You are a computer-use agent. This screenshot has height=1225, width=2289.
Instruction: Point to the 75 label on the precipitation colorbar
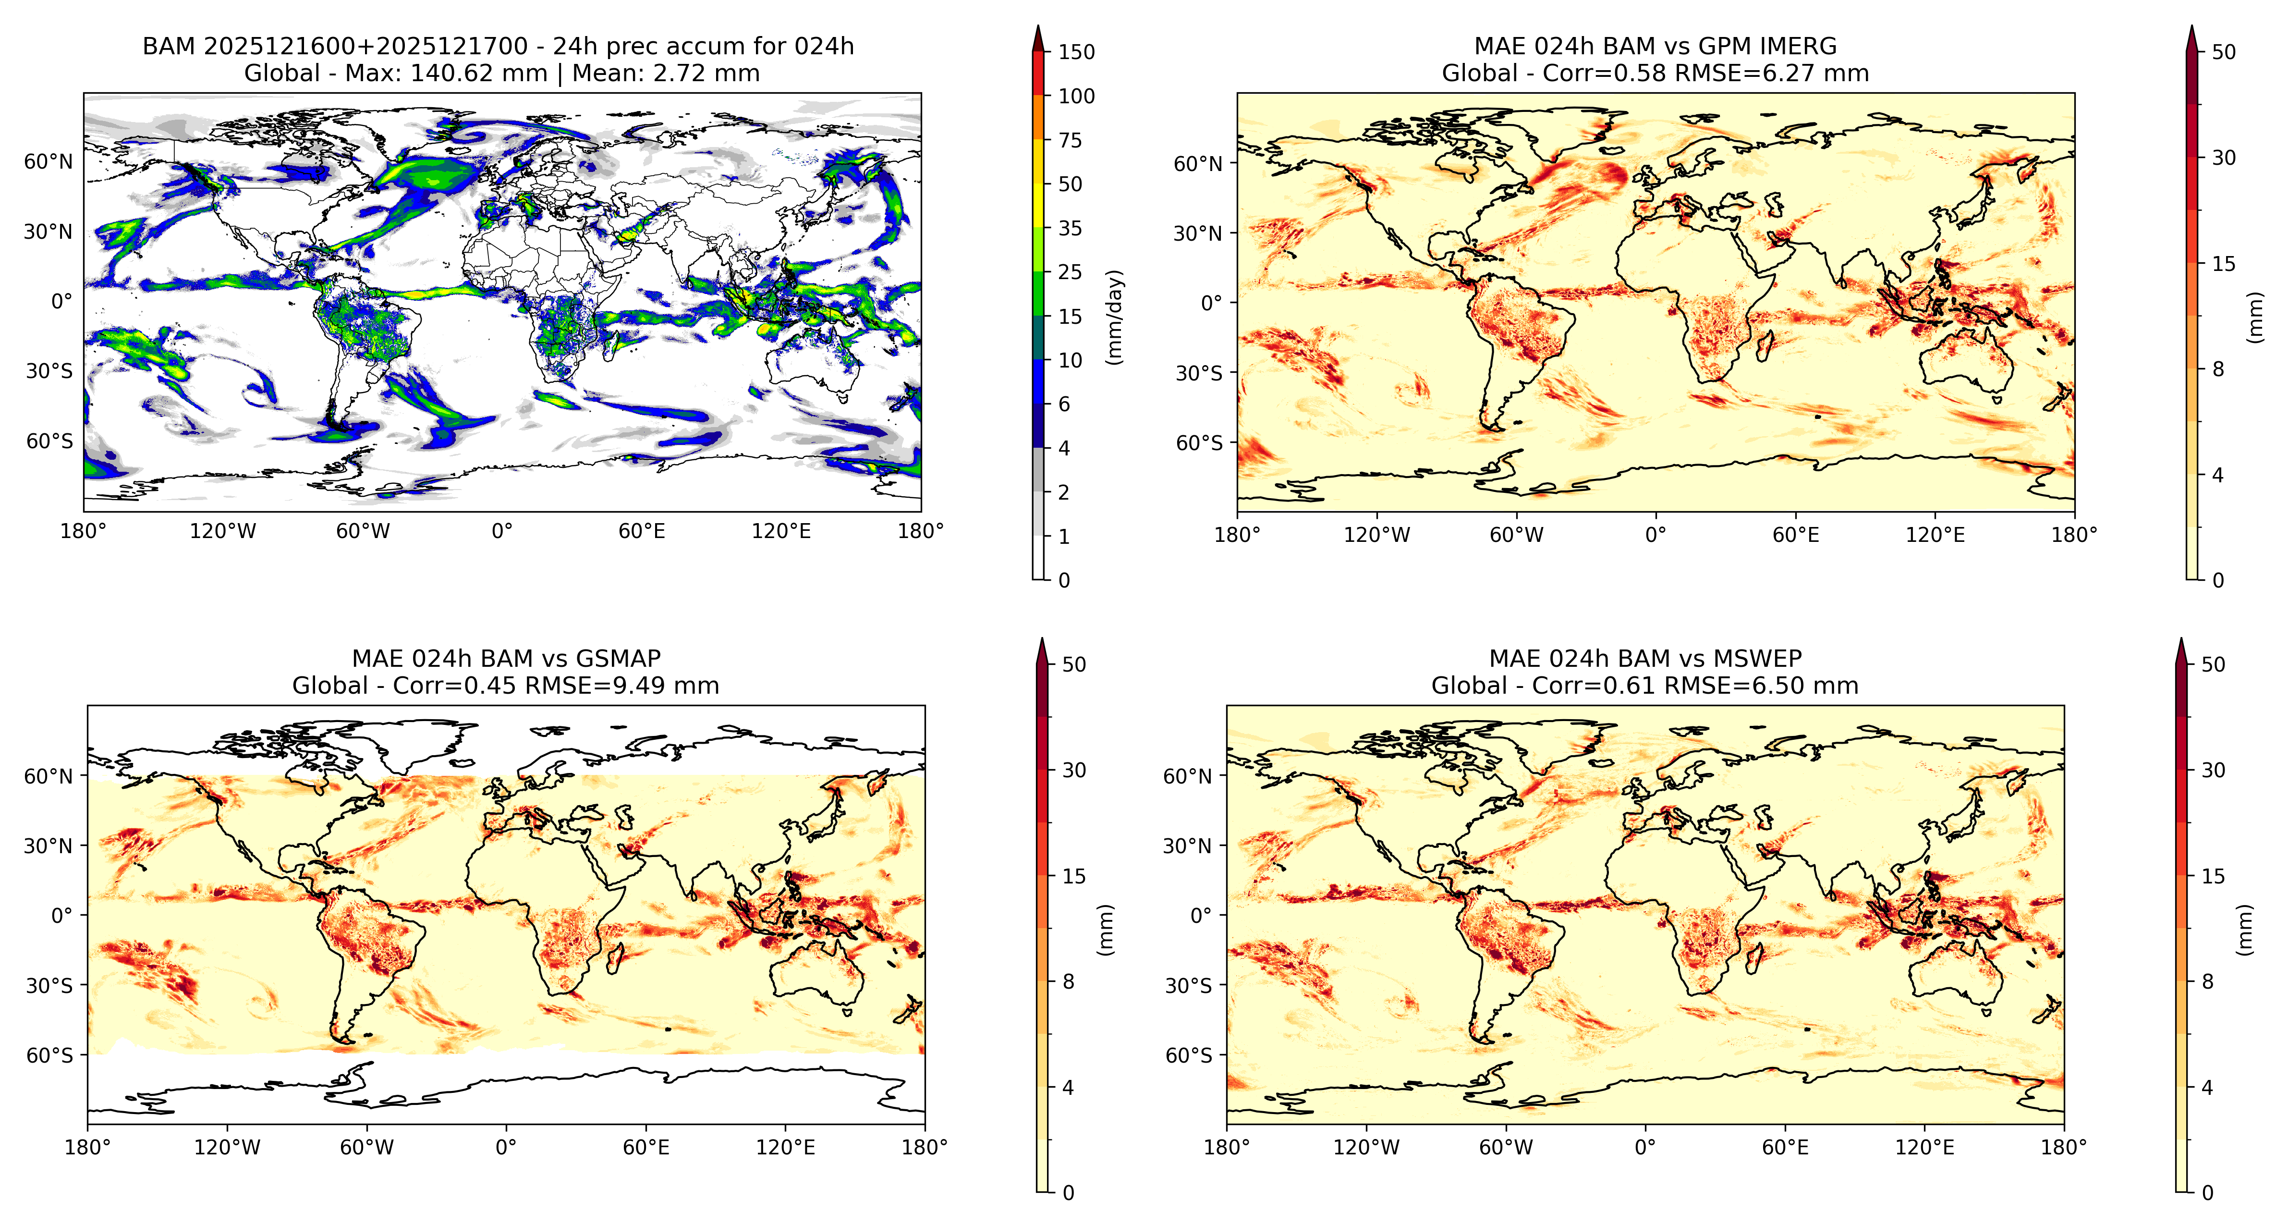click(1070, 140)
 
